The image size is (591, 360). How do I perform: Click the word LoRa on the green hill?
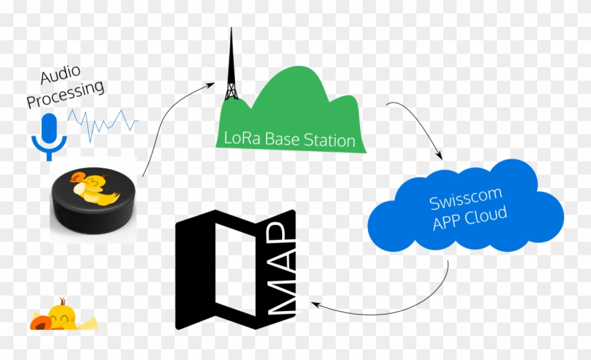tap(238, 141)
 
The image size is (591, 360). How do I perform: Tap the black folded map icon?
tap(215, 269)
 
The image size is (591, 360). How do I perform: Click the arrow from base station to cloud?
tap(420, 124)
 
